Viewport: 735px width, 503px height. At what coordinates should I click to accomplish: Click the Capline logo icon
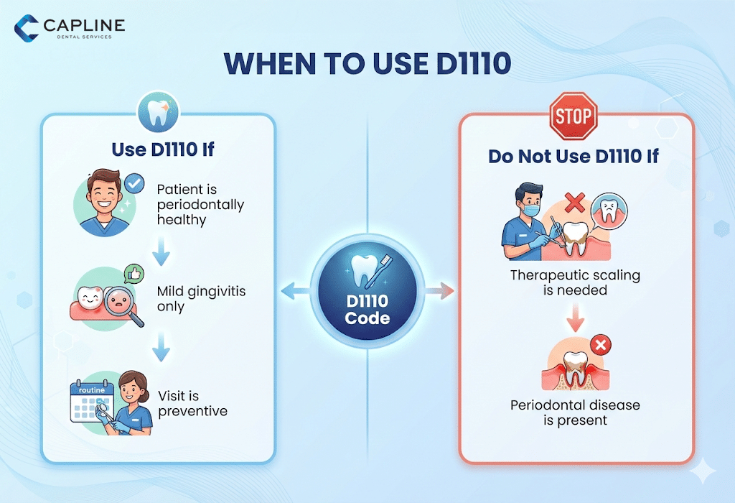coord(27,28)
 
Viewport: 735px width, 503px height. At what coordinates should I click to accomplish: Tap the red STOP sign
coord(574,116)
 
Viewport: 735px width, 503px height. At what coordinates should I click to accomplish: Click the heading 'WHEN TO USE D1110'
coord(367,65)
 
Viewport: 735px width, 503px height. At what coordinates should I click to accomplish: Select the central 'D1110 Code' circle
coord(367,291)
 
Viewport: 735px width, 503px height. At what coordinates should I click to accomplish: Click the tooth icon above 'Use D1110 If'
coord(157,114)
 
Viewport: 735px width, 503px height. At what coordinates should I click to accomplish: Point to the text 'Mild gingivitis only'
coord(192,299)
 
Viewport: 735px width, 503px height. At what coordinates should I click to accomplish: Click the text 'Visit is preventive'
coord(192,403)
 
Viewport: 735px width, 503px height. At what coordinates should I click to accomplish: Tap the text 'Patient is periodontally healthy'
coord(200,205)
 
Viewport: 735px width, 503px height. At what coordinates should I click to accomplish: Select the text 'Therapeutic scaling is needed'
coord(575,282)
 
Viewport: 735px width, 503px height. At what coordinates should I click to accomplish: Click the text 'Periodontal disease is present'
coord(575,412)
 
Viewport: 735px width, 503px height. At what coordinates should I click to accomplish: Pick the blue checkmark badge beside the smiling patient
coord(134,185)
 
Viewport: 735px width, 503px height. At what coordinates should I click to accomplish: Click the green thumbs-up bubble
coord(133,274)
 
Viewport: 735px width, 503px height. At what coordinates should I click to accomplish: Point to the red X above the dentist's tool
coord(574,204)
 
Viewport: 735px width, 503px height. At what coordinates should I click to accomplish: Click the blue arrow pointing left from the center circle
coord(291,291)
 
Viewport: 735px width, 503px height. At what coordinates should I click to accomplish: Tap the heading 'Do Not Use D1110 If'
coord(574,156)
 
